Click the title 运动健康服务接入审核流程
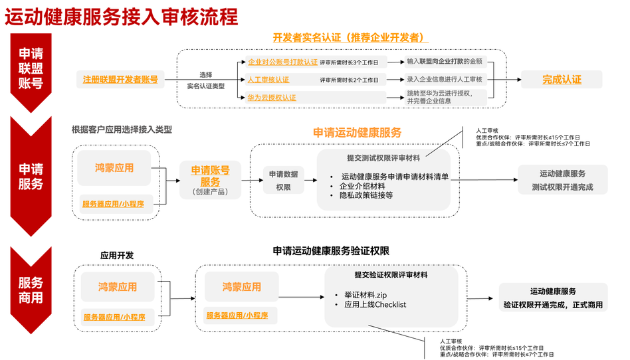coord(121,17)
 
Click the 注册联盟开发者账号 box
coord(120,80)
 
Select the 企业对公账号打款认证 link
coord(282,62)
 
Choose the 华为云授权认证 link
coord(272,98)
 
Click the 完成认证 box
coord(562,80)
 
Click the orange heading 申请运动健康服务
coord(357,133)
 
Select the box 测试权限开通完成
coord(562,180)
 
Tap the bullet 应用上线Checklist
coord(375,305)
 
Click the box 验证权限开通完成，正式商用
coord(553,298)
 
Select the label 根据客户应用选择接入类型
coord(122,130)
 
